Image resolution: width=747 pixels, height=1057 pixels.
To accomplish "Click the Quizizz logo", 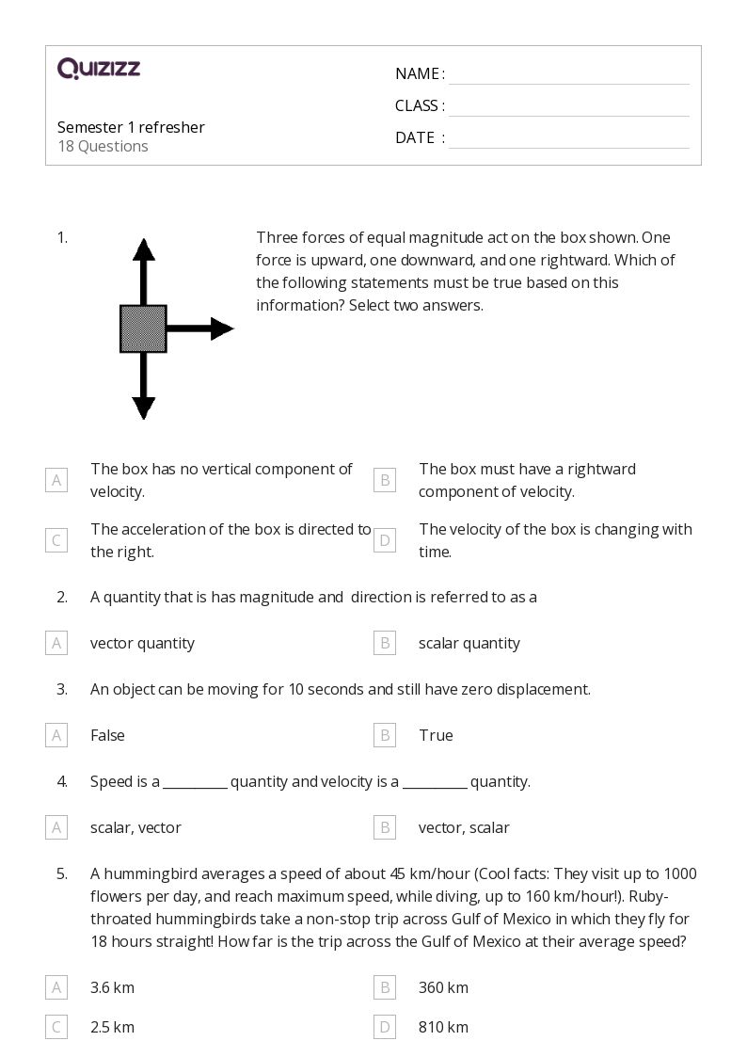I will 99,68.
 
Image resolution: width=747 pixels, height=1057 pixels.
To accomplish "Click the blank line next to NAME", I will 568,74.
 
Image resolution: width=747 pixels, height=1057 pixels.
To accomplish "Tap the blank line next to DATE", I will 568,138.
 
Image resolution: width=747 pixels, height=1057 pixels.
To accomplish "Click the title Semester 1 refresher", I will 131,127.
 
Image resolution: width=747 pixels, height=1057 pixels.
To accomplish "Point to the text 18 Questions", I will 103,146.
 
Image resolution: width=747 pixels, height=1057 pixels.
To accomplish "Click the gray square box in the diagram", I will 143,328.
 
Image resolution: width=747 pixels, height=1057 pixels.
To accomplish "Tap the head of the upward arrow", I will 143,249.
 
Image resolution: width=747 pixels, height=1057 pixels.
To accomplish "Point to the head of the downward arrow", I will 143,408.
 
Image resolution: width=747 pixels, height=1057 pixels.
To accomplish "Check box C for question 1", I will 56,540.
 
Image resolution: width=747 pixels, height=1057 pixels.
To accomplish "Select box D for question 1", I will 384,540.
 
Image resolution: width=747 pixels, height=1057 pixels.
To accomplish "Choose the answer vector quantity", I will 142,643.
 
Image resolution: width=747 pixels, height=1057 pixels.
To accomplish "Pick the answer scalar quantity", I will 469,643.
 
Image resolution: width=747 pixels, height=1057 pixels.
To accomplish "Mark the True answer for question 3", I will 436,735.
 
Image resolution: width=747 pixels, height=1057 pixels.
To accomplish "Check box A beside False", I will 56,735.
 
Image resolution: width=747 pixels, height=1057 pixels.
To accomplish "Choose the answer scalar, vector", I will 135,827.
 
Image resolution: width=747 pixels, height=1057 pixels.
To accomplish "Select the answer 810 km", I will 443,1027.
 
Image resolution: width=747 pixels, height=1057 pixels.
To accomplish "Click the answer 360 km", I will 443,987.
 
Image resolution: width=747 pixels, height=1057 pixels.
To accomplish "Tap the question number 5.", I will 62,873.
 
